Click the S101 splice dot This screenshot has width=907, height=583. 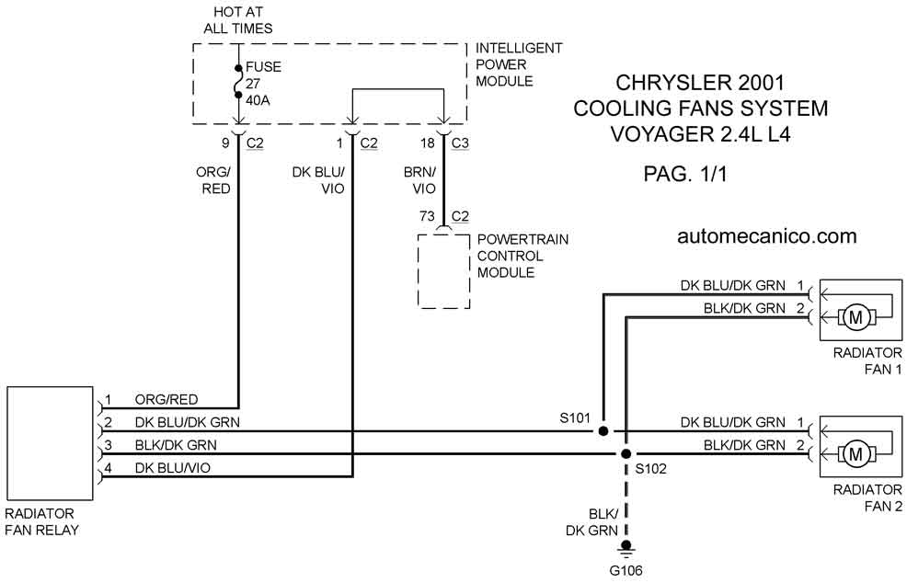pyautogui.click(x=603, y=431)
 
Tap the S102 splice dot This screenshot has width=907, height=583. pyautogui.click(x=626, y=454)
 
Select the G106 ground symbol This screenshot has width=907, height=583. pyautogui.click(x=626, y=548)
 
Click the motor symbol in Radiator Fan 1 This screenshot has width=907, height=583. pyautogui.click(x=855, y=317)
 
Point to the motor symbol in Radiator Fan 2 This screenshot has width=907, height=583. pyautogui.click(x=855, y=454)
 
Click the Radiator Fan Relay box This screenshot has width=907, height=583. pyautogui.click(x=50, y=443)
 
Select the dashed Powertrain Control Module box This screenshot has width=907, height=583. pyautogui.click(x=443, y=271)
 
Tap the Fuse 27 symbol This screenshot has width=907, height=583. pyautogui.click(x=238, y=82)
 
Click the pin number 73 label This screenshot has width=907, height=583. pyautogui.click(x=427, y=216)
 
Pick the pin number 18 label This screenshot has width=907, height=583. pyautogui.click(x=428, y=143)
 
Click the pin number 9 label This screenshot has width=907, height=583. pyautogui.click(x=225, y=143)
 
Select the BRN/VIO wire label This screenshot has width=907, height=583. pyautogui.click(x=420, y=180)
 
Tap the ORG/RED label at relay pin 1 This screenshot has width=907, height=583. pyautogui.click(x=166, y=400)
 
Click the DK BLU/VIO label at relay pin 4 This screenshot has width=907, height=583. pyautogui.click(x=172, y=468)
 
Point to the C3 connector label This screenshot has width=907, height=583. pyautogui.click(x=460, y=143)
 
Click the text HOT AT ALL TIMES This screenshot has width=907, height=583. pyautogui.click(x=238, y=19)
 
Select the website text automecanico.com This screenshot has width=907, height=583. pyautogui.click(x=766, y=236)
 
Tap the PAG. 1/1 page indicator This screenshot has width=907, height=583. pyautogui.click(x=685, y=174)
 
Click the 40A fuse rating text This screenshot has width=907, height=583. pyautogui.click(x=258, y=100)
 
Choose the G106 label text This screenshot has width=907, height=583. pyautogui.click(x=626, y=571)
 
